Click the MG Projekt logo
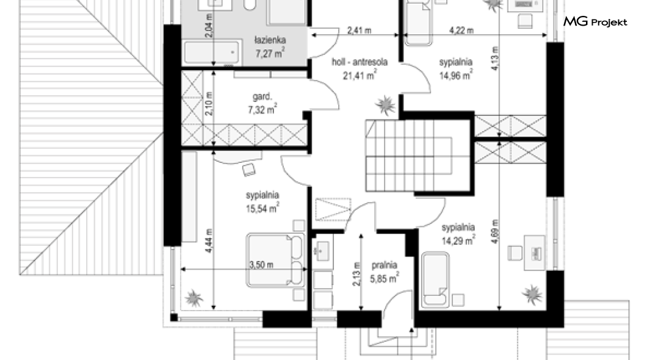595,21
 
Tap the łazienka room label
270,40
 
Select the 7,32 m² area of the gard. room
262,109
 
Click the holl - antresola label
360,62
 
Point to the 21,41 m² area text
360,74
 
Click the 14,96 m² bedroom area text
455,75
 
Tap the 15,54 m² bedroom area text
262,208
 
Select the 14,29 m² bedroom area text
458,240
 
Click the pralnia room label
384,265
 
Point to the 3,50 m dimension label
261,265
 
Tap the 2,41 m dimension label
359,30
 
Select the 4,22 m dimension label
461,30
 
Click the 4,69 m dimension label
495,232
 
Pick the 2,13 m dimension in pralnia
356,274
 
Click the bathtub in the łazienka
211,52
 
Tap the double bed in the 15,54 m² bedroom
275,260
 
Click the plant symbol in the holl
385,105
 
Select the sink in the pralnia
322,250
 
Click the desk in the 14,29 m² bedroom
535,253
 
